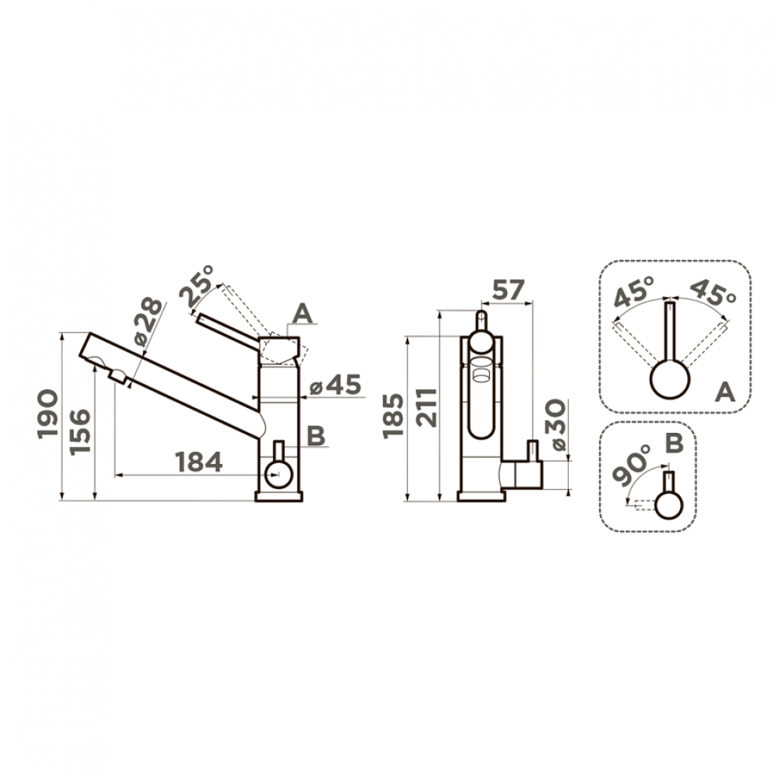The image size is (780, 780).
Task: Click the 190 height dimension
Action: (x=47, y=414)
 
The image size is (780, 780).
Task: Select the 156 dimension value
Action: (x=80, y=431)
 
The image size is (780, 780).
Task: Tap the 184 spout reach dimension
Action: (x=199, y=462)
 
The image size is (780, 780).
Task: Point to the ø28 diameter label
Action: (x=148, y=322)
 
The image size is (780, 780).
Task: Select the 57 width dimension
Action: (x=508, y=290)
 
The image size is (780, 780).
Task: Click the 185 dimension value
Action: (x=393, y=416)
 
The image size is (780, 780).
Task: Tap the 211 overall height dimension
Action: (x=427, y=407)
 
